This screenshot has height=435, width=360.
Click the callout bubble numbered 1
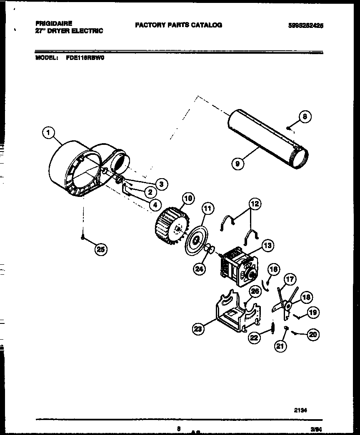tap(49, 133)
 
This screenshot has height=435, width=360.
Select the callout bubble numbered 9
tap(237, 164)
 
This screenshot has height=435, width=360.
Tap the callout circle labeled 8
tap(305, 117)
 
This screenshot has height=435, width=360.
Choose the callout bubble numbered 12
tap(255, 204)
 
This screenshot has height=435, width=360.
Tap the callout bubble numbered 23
tap(199, 329)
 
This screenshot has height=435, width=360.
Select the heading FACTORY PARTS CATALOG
tap(178, 25)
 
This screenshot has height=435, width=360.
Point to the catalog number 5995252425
tap(306, 25)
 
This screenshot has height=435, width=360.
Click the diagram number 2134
tap(300, 410)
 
